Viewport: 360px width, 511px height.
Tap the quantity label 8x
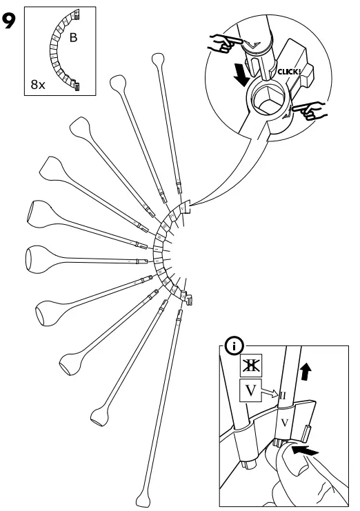tap(38, 86)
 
